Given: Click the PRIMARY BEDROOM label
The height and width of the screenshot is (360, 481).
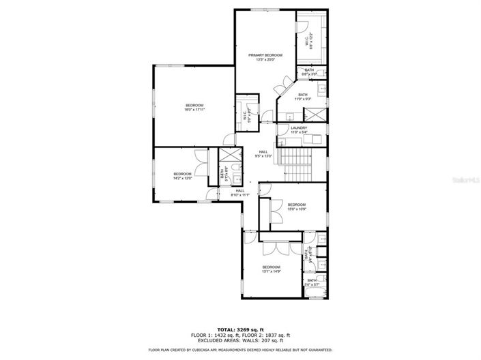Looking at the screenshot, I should click(x=265, y=55).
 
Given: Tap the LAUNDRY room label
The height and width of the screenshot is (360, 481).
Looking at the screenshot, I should click(x=299, y=127).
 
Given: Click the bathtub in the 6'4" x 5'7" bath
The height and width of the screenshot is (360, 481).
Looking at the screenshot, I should click(x=315, y=295).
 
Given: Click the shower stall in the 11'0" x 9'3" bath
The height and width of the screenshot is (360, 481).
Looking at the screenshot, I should click(x=316, y=114).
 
